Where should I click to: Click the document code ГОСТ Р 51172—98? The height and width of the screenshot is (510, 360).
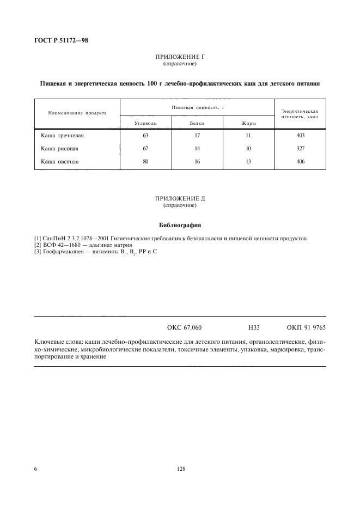click(61, 39)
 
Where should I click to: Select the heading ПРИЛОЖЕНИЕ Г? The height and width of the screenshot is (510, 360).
click(180, 57)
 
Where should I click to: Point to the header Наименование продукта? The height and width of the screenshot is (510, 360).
click(77, 113)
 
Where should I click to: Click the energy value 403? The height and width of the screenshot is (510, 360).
click(300, 135)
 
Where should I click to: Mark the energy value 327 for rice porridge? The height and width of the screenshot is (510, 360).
click(300, 148)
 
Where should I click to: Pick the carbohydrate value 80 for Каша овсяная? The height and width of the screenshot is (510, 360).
click(145, 161)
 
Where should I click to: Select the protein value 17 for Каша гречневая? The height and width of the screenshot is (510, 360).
click(197, 135)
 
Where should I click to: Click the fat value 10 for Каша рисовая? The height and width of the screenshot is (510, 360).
click(249, 148)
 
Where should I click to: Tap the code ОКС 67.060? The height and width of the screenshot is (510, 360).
click(184, 327)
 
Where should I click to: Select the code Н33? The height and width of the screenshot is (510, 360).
click(253, 327)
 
